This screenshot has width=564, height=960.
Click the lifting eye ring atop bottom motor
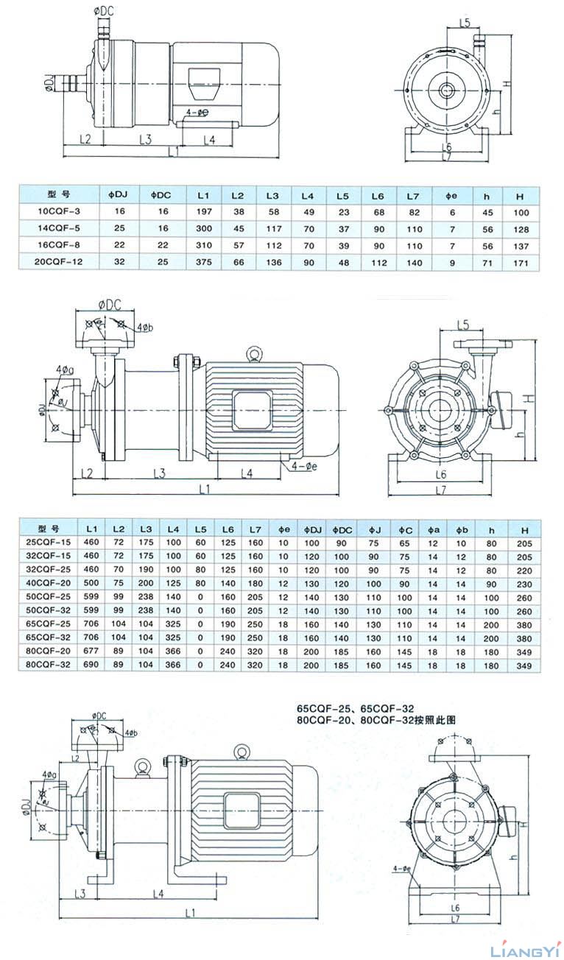tap(240, 752)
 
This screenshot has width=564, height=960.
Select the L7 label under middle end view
tap(441, 490)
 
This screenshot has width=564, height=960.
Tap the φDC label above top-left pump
tap(105, 11)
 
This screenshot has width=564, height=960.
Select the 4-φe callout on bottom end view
tap(402, 868)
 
